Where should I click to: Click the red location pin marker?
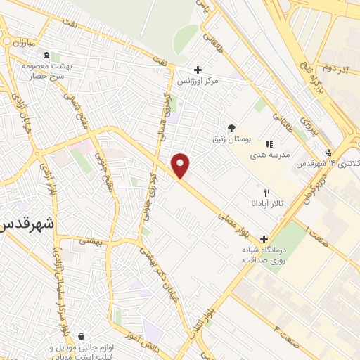coord(181,166)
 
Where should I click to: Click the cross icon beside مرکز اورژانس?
coord(198,70)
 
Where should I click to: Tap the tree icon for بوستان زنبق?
coord(231,127)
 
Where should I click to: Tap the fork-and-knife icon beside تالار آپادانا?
coord(266,192)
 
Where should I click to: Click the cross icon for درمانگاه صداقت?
coord(264,238)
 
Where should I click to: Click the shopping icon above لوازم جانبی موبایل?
coord(82,336)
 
